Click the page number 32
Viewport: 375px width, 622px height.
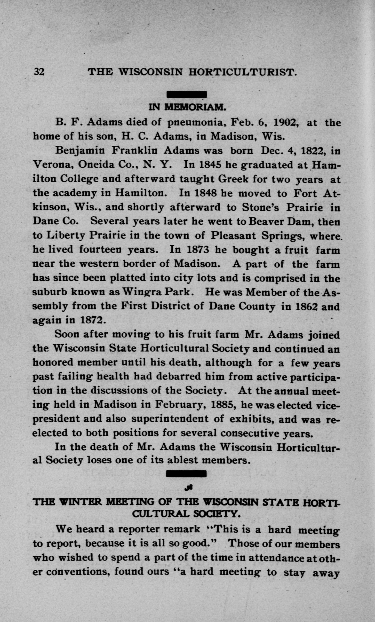click(x=39, y=71)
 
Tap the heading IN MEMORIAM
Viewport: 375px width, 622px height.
click(x=188, y=107)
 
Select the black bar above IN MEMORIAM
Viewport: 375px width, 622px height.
click(x=187, y=95)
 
